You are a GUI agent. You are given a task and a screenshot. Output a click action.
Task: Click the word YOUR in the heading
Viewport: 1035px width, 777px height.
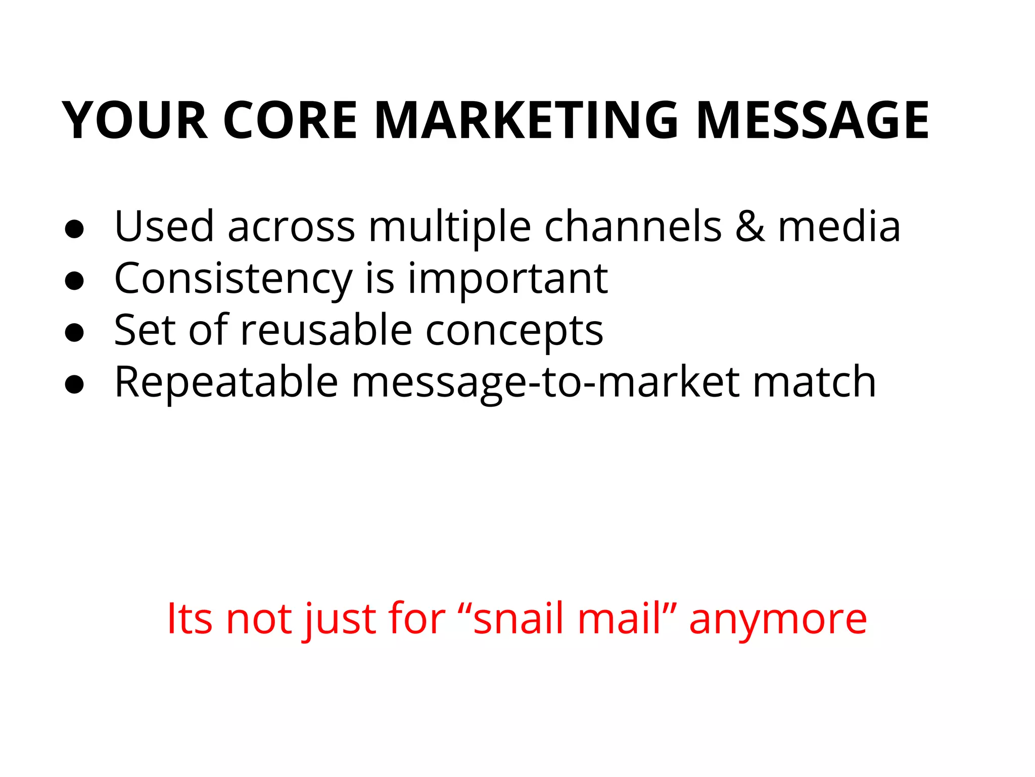(135, 120)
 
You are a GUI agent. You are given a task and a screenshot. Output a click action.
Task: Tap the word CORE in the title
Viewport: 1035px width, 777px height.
(290, 120)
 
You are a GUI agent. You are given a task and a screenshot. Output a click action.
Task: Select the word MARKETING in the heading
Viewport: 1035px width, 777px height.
(526, 120)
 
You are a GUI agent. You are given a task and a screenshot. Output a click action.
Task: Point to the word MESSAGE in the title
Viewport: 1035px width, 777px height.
(813, 120)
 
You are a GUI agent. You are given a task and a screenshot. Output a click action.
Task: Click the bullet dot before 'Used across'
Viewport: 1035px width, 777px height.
(74, 229)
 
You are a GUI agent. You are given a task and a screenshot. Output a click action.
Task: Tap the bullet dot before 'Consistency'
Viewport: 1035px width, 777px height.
(74, 281)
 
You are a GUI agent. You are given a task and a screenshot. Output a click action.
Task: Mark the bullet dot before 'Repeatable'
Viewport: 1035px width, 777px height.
(74, 384)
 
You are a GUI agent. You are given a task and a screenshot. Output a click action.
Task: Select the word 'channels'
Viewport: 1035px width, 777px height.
(633, 226)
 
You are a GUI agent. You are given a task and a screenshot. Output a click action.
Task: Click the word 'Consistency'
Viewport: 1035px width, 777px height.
(233, 280)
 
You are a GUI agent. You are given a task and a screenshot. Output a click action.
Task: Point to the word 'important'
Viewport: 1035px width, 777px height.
(507, 280)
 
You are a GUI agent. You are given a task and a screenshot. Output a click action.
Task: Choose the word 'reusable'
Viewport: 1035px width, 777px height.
(326, 330)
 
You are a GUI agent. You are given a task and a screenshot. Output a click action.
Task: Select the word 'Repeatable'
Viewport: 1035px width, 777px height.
(226, 383)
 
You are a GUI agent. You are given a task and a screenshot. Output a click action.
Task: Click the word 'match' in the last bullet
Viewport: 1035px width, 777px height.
(814, 382)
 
